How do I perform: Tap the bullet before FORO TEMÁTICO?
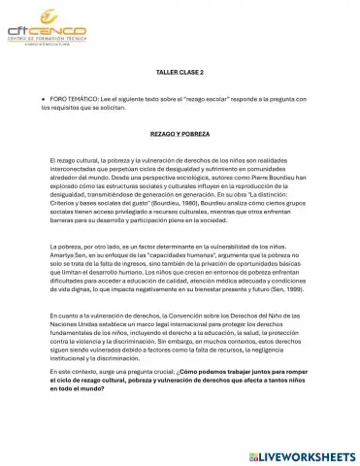pyautogui.click(x=44, y=100)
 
